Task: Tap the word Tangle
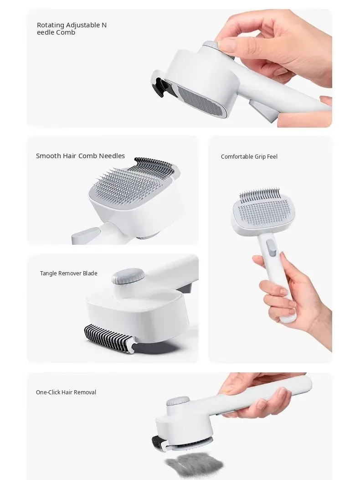49,274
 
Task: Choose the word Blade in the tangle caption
90,274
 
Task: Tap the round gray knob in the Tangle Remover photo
128,276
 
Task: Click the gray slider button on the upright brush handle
271,248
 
